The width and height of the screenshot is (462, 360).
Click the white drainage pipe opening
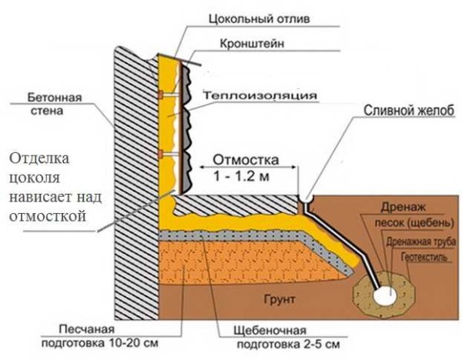(x=382, y=293)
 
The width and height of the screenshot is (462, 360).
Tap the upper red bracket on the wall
(x=162, y=95)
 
